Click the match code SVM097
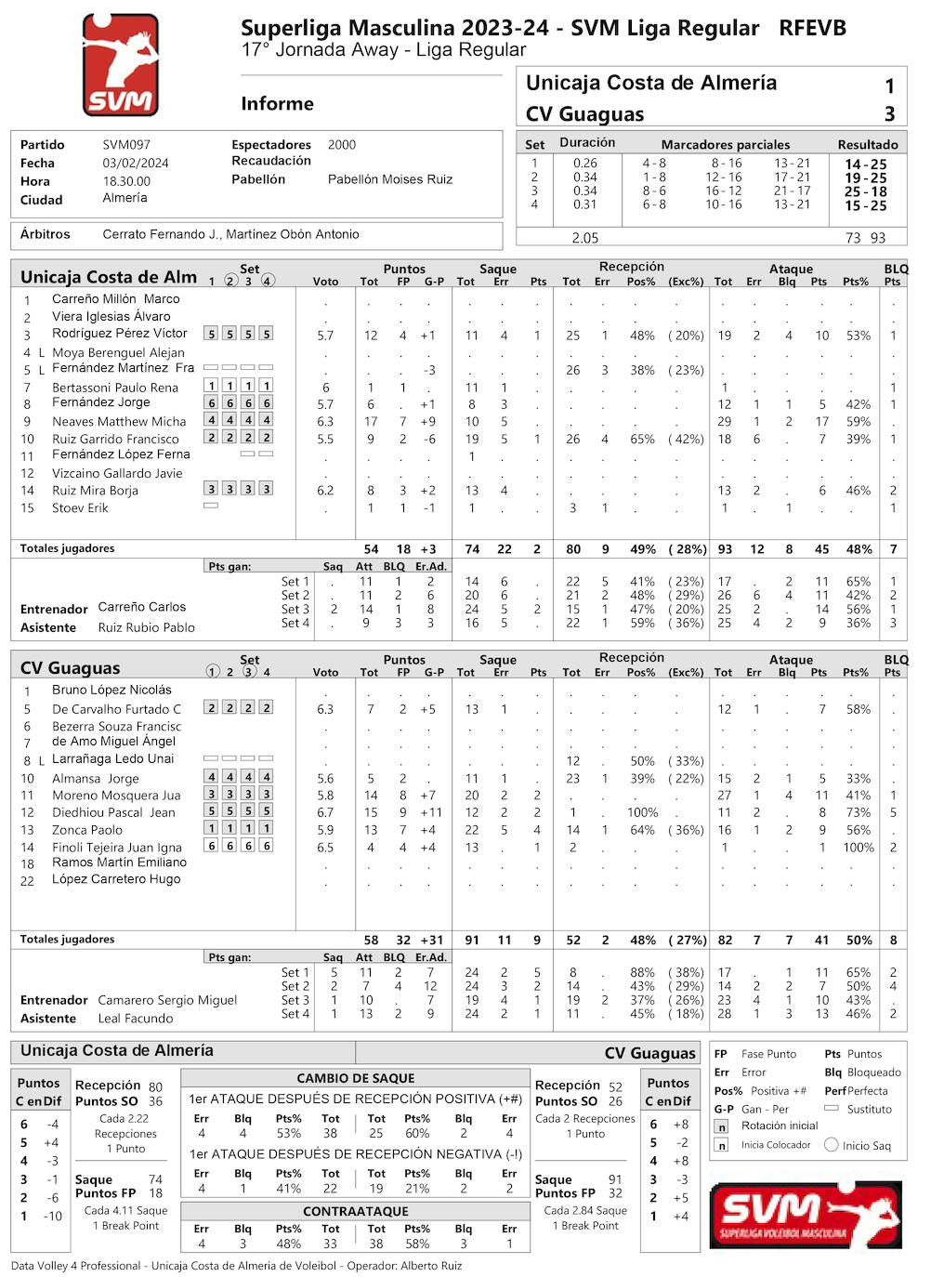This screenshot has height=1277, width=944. click(x=126, y=145)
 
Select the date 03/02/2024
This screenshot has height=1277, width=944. click(x=136, y=163)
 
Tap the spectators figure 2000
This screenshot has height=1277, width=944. click(x=342, y=145)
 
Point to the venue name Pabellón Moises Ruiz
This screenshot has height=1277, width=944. click(x=390, y=179)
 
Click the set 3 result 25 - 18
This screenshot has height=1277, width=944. click(x=865, y=191)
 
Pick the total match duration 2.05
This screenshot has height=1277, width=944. click(x=585, y=238)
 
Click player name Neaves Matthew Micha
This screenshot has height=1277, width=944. click(x=119, y=422)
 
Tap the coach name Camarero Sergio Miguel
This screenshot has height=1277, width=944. click(x=167, y=1000)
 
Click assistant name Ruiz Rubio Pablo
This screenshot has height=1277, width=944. click(x=147, y=627)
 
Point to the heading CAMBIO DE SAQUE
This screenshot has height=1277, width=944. click(x=356, y=1078)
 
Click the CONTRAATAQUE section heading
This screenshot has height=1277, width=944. click(x=356, y=1211)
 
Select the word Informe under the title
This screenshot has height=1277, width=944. click(x=277, y=104)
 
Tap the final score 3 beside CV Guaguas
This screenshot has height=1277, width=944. click(x=889, y=114)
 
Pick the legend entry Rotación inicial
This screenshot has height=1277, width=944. click(x=780, y=1126)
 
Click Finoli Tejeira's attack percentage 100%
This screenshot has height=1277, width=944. click(x=859, y=848)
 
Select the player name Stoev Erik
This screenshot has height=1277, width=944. click(x=80, y=508)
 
